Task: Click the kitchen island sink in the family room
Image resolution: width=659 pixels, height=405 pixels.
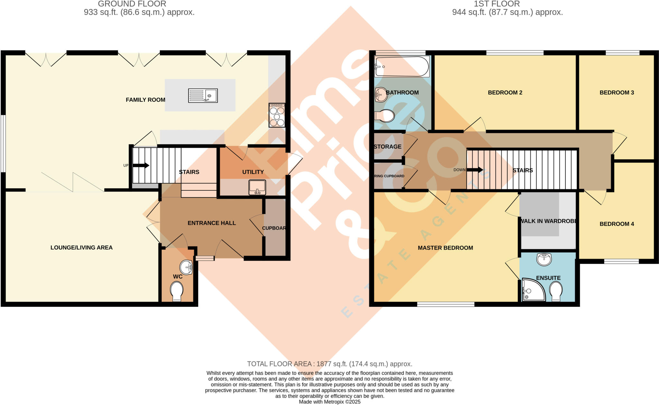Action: [x=203, y=96]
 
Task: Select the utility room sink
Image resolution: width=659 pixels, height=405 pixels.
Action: [x=257, y=187]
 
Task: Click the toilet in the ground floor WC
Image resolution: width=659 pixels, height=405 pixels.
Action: [x=177, y=290]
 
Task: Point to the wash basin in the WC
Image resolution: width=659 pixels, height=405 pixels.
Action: [x=186, y=267]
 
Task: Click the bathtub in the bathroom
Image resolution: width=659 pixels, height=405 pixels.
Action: [x=402, y=67]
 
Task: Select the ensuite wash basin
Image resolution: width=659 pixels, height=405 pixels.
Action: [x=544, y=259]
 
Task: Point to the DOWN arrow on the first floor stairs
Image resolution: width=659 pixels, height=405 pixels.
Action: [x=475, y=170]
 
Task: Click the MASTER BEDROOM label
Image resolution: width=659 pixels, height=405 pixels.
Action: [x=445, y=248]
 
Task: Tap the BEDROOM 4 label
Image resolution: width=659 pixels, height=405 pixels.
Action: [x=617, y=224]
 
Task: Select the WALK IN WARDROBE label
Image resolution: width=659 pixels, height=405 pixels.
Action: [x=548, y=221]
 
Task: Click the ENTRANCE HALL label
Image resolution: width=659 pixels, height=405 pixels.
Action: [x=212, y=223]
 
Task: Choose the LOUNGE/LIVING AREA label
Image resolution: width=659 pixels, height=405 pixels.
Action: [x=81, y=247]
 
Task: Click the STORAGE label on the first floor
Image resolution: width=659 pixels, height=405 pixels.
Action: [x=387, y=146]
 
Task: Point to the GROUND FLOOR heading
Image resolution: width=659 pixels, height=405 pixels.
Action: [x=132, y=4]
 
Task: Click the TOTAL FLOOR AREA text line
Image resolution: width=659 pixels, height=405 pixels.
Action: [x=329, y=364]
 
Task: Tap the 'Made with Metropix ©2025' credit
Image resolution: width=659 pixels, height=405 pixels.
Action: [x=329, y=402]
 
